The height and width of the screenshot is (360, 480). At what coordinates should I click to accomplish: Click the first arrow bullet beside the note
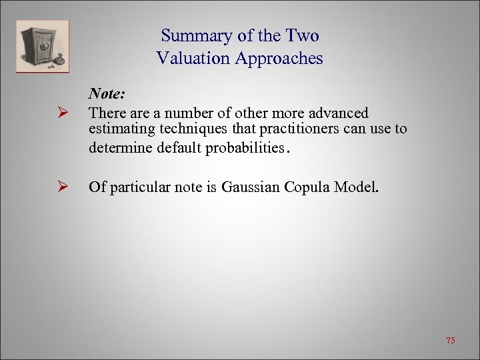point(64,114)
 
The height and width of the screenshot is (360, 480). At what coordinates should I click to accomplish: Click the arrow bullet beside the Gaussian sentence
point(64,187)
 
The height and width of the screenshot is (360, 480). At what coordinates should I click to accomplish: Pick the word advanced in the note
point(339,113)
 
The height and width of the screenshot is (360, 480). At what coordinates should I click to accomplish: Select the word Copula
point(307,187)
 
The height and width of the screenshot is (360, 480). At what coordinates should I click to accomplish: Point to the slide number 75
point(450,341)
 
